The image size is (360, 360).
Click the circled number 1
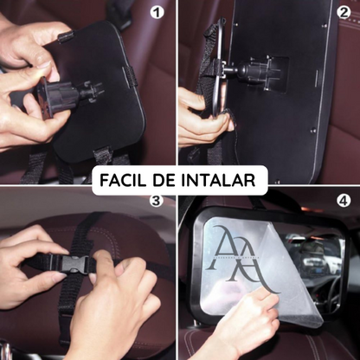tap(157, 13)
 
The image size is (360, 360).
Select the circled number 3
tap(156, 201)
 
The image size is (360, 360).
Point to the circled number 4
tap(344, 201)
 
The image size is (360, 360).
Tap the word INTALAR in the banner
tap(218, 180)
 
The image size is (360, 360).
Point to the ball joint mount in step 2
tap(248, 72)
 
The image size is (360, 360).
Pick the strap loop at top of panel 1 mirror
tap(66, 37)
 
